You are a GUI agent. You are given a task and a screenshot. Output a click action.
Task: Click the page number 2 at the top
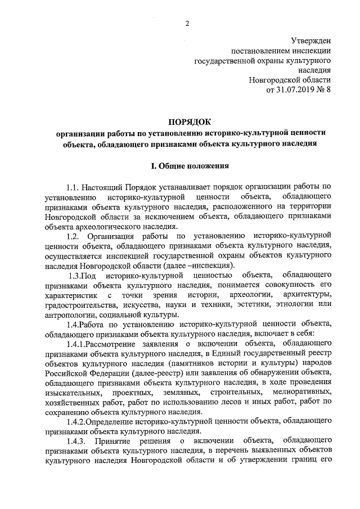pyautogui.click(x=187, y=23)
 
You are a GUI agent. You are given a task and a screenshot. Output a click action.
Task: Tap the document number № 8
pyautogui.click(x=323, y=91)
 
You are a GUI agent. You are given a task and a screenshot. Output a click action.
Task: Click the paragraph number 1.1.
pyautogui.click(x=73, y=187)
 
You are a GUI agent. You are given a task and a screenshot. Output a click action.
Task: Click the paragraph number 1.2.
pyautogui.click(x=74, y=236)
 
